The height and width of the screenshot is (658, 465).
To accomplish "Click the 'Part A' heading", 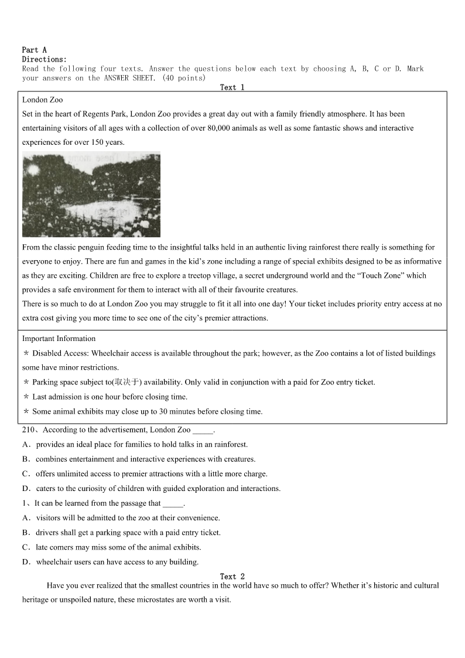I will coord(34,50).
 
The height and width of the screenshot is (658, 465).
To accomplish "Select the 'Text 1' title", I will coord(232,87).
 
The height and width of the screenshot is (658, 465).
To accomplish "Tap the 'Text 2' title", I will coord(232,577).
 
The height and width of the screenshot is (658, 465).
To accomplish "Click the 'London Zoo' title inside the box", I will coord(42,100).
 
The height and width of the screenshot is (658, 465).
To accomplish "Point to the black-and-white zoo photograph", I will coord(91,195).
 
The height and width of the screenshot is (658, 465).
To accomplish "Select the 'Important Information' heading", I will coord(59,339).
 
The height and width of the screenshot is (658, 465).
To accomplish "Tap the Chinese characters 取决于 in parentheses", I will coord(126,382).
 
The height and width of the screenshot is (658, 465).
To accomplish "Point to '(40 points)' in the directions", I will coord(184,78).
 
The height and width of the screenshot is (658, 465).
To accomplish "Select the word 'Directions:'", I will coord(45,59).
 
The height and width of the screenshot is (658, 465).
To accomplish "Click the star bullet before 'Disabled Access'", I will coord(26,353).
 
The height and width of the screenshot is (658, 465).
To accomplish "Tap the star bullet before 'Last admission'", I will coord(26,397).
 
